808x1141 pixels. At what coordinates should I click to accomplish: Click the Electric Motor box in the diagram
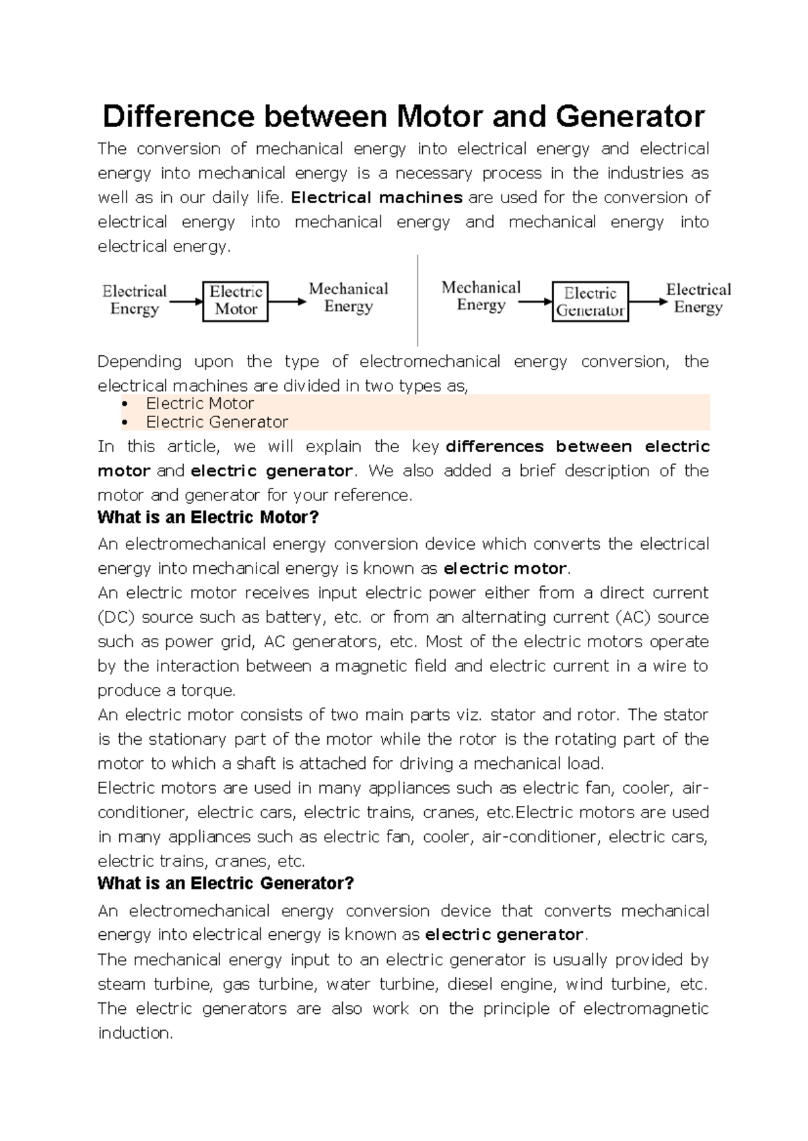pos(235,301)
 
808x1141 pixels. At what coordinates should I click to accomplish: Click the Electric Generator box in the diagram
pos(590,301)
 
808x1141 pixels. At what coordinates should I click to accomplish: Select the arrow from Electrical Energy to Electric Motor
pos(185,301)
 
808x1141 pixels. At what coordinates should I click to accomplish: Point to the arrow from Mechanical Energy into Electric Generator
pos(535,301)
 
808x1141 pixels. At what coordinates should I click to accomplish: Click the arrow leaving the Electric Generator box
pos(648,301)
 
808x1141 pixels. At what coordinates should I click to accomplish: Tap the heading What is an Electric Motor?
pos(208,517)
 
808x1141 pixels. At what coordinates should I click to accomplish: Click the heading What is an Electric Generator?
pos(226,883)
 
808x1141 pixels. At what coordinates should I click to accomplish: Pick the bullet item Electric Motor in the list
pos(200,404)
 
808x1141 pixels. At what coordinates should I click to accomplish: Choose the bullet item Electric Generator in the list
pos(217,422)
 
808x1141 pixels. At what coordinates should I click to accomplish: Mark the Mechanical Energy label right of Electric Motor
pos(348,297)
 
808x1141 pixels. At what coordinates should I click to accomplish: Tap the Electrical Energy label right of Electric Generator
pos(698,298)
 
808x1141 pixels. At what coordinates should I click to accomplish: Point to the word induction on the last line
pos(134,1033)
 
